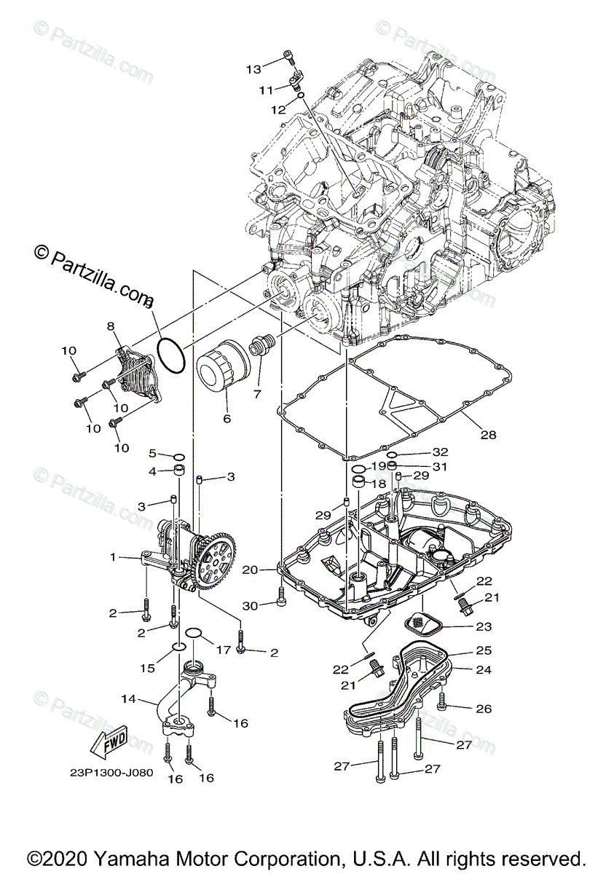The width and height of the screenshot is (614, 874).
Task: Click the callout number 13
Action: (x=253, y=69)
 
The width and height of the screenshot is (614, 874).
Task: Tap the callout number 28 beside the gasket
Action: (x=488, y=435)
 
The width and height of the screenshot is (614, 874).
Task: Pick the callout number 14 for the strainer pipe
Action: (x=128, y=698)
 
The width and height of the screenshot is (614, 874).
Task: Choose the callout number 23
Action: (x=484, y=626)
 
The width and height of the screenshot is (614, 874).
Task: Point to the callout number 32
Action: (x=441, y=452)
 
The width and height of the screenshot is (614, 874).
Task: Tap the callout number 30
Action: (x=251, y=606)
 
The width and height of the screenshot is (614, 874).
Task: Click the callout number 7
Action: (x=256, y=394)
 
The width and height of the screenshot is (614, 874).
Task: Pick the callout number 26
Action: (x=484, y=708)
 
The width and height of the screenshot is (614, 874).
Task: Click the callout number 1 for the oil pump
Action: (x=113, y=557)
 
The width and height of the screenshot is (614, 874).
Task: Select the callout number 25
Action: (x=484, y=650)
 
